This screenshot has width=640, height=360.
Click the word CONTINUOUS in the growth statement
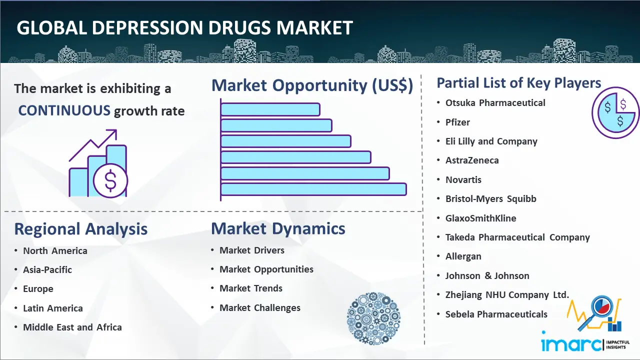click(64, 110)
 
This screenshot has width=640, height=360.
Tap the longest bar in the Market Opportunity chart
click(313, 189)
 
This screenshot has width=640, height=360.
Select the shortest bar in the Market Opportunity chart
click(270, 109)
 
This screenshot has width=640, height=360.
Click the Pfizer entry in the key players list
click(457, 122)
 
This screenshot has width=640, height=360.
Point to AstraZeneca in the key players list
click(472, 160)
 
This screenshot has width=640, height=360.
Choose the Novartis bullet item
click(463, 179)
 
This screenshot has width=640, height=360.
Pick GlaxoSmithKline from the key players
click(481, 218)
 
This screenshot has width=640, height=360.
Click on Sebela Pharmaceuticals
click(496, 314)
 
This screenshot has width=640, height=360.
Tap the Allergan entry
click(463, 256)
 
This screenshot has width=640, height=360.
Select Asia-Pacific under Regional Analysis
click(47, 269)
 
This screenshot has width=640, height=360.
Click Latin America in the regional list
click(53, 308)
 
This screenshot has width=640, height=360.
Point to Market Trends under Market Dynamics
click(251, 288)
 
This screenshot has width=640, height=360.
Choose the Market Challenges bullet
click(260, 307)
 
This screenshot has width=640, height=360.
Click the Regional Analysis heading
click(81, 229)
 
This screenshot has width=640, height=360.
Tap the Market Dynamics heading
click(278, 228)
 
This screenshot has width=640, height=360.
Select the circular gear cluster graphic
click(373, 318)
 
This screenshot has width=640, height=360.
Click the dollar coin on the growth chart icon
click(110, 181)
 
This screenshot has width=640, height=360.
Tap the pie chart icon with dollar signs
click(615, 113)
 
